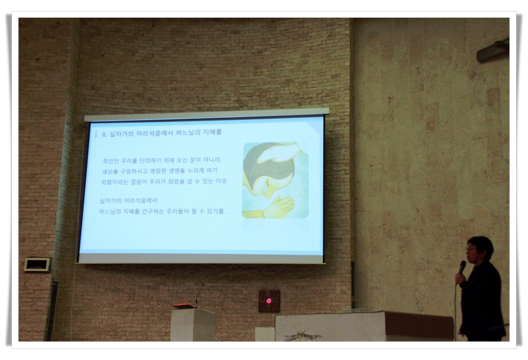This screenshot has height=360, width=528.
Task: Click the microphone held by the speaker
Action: point(462,267)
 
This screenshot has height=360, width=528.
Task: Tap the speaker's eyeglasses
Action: point(471,249)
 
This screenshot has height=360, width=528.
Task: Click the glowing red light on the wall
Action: point(269,301)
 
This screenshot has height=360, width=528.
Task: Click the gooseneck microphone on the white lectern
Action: point(199,295)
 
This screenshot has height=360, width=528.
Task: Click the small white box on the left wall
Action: point(37,264)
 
